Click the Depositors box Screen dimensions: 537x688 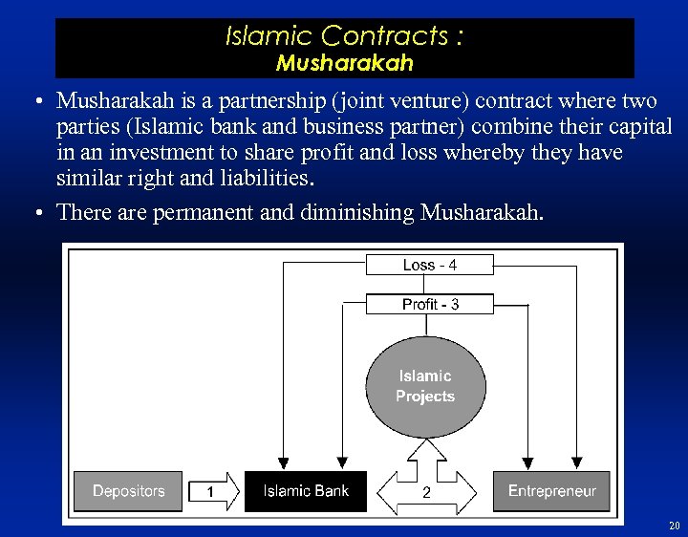pyautogui.click(x=129, y=491)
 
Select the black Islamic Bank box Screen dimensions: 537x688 pyautogui.click(x=306, y=491)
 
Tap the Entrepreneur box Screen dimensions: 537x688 pyautogui.click(x=551, y=491)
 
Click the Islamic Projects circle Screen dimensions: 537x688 pyautogui.click(x=425, y=386)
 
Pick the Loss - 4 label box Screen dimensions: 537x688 pyautogui.click(x=430, y=265)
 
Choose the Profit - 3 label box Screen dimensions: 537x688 pyautogui.click(x=430, y=304)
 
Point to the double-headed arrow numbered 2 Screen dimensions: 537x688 pyautogui.click(x=426, y=492)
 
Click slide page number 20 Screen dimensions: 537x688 pyautogui.click(x=674, y=526)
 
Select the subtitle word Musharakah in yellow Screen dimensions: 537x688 pyautogui.click(x=345, y=63)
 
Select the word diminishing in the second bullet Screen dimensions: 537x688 pyautogui.click(x=358, y=212)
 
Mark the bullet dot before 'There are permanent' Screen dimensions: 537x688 pyautogui.click(x=33, y=212)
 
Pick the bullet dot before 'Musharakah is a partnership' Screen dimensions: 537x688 pyautogui.click(x=33, y=101)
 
